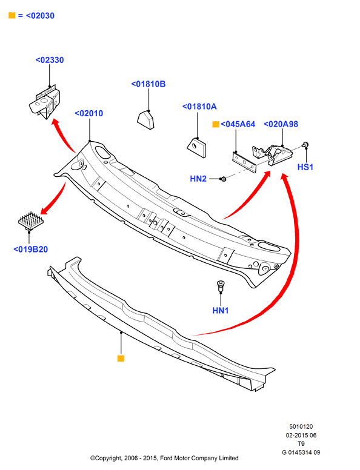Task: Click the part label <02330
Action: click(x=50, y=60)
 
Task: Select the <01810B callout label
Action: click(x=148, y=84)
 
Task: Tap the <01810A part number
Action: click(x=199, y=107)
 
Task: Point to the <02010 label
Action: click(x=89, y=113)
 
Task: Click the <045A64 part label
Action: click(x=238, y=124)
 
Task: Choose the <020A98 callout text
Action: click(x=281, y=124)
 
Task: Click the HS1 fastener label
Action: click(x=305, y=167)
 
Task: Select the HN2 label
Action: click(x=198, y=179)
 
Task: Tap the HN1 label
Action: click(x=221, y=310)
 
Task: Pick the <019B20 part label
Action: click(x=30, y=250)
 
